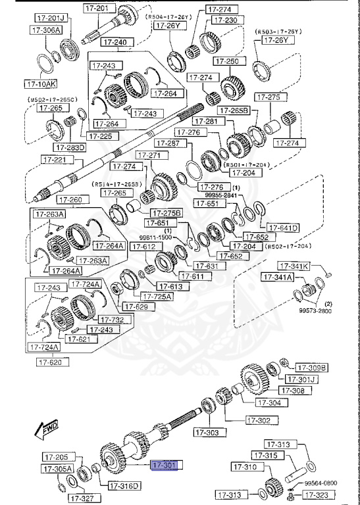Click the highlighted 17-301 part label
pyautogui.click(x=165, y=466)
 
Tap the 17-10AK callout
pyautogui.click(x=41, y=84)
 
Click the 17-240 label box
pyautogui.click(x=116, y=42)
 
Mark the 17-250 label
pyautogui.click(x=232, y=61)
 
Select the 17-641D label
pyautogui.click(x=284, y=228)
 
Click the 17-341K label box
pyautogui.click(x=293, y=266)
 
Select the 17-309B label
pyautogui.click(x=311, y=368)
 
